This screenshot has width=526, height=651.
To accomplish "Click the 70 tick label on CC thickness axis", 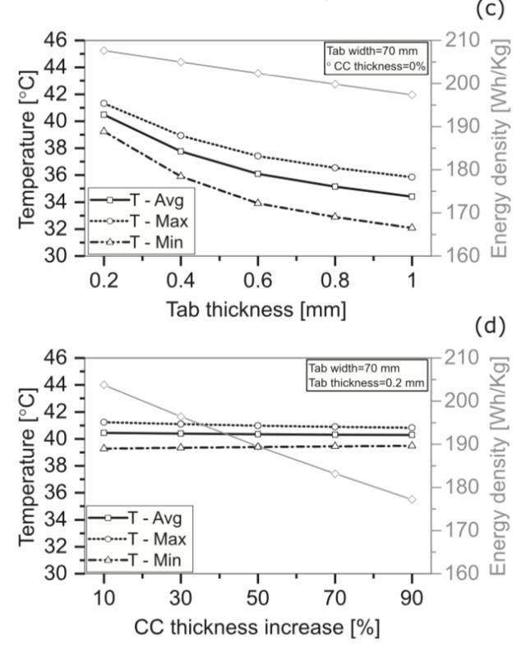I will click(x=335, y=597).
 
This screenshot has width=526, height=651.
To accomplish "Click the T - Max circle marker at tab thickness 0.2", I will click(x=104, y=103).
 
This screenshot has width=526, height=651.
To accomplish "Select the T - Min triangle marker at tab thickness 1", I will click(x=412, y=227).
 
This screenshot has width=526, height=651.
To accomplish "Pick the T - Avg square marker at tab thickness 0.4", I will click(x=181, y=151).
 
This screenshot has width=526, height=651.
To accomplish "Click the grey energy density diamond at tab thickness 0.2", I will click(x=104, y=50).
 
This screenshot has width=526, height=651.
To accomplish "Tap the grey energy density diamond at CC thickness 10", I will click(x=104, y=384).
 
